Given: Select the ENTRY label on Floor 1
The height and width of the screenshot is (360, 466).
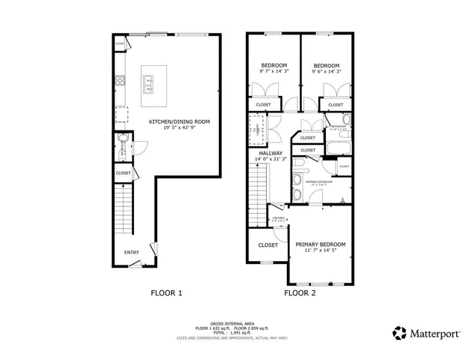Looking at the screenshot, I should coord(132,253).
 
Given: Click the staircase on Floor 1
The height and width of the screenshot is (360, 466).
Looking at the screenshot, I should coord(124,209).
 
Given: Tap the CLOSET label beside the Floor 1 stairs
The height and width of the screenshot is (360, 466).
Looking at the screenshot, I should coord(123,173).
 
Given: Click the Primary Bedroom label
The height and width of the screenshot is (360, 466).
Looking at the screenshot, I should coord(320,244).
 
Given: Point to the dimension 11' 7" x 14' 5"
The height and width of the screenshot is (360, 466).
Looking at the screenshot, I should coord(320,251).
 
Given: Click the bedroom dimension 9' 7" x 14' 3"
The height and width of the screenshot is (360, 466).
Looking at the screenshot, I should coord(273,73).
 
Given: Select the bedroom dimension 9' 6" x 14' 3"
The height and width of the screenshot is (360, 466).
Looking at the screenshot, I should coord(326,73).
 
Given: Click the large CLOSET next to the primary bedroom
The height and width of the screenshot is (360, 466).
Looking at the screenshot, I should coord(268,245).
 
